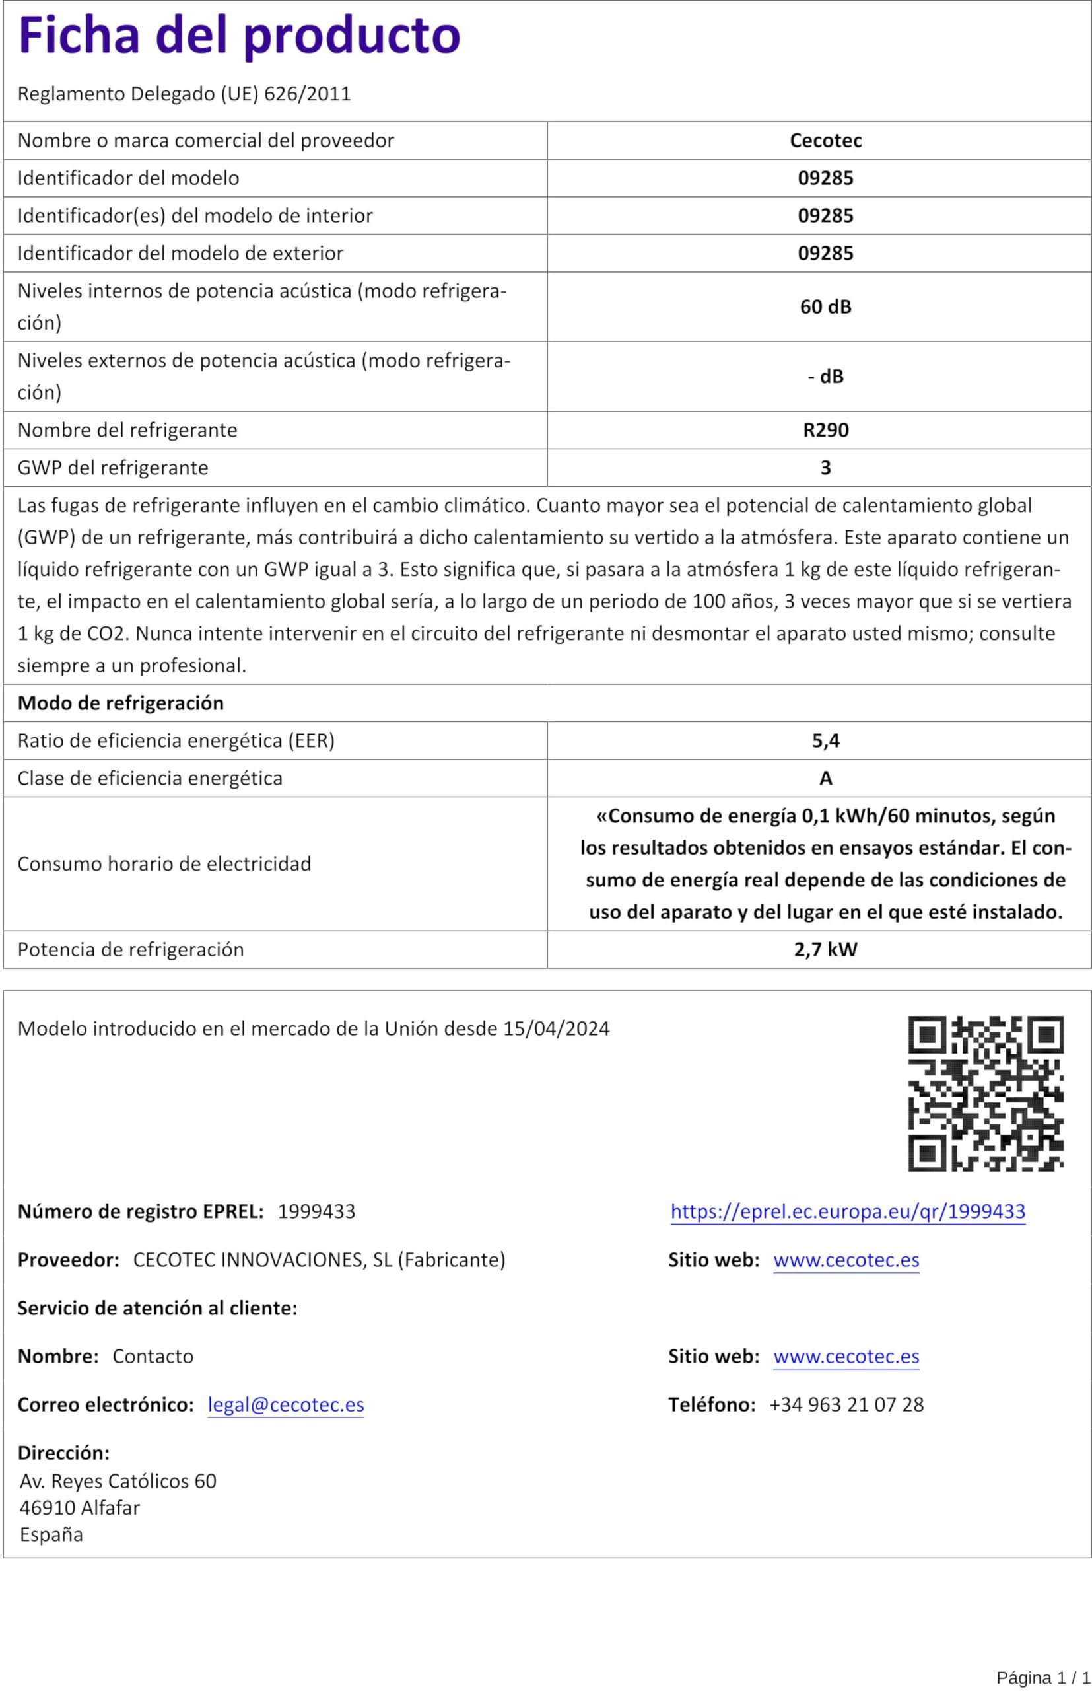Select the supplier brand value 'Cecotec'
pos(825,141)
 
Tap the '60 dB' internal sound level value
pos(825,306)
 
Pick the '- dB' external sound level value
pos(825,377)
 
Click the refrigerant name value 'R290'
pos(825,430)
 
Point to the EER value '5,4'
pos(825,740)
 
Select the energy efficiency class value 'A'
pos(825,778)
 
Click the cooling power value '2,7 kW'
pos(825,949)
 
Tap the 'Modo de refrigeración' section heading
pos(121,703)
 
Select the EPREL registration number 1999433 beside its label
pos(316,1211)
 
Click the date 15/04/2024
pos(557,1028)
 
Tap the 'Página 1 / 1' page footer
pos(1042,1678)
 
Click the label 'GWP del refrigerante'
pos(114,468)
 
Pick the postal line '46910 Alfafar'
pos(79,1507)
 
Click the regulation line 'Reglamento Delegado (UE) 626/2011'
pos(184,94)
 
